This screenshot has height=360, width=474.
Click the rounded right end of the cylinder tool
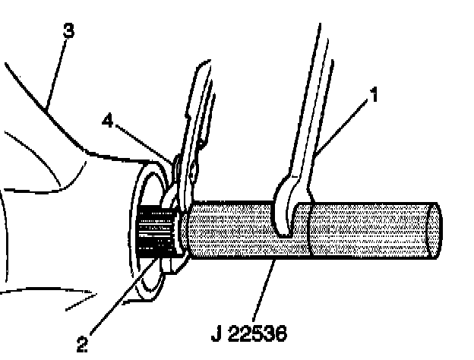pyautogui.click(x=434, y=232)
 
